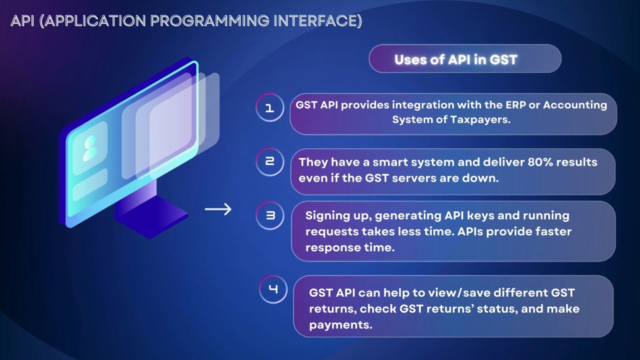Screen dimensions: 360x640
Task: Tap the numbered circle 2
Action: click(x=270, y=162)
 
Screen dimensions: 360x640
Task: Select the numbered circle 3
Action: click(x=270, y=215)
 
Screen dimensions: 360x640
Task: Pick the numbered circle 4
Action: click(x=273, y=289)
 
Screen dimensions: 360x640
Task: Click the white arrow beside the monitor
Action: click(x=218, y=209)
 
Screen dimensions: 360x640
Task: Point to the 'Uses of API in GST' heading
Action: click(x=455, y=59)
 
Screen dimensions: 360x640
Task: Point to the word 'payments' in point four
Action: click(x=340, y=325)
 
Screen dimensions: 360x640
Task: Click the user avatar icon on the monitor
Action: click(x=90, y=148)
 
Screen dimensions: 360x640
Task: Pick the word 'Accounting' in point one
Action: click(x=575, y=105)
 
